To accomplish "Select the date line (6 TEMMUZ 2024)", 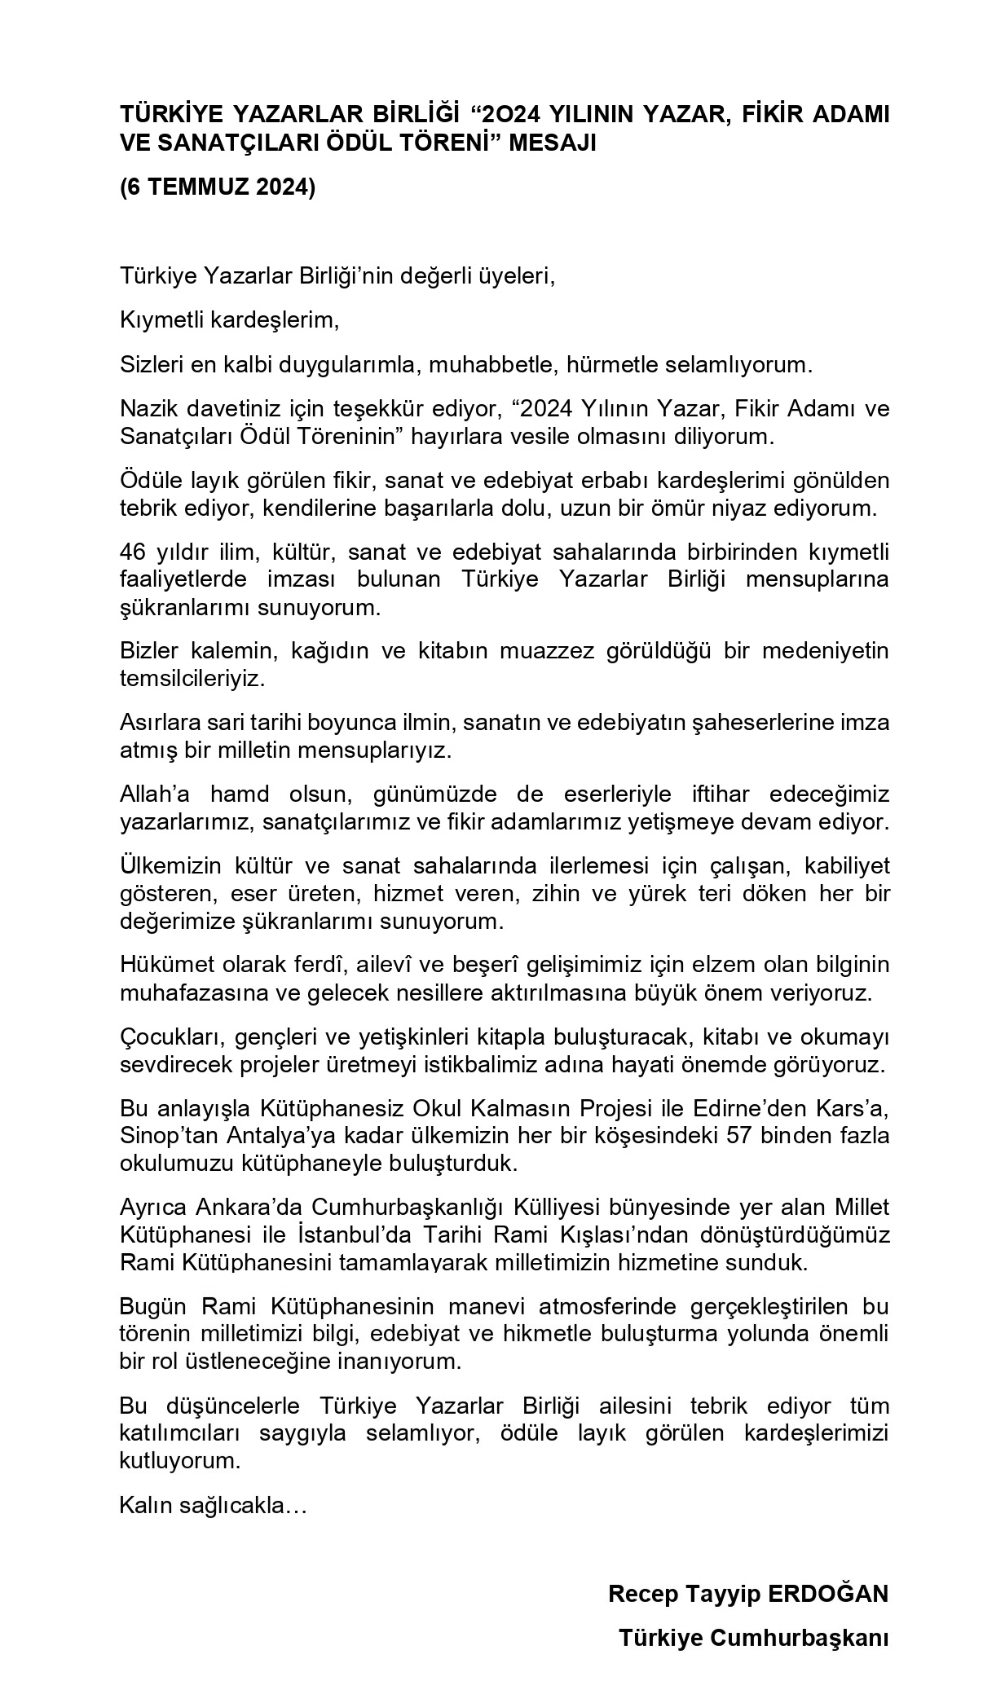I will tap(217, 187).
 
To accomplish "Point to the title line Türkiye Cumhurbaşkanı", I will tap(753, 1637).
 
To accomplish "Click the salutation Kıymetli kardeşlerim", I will tap(229, 320).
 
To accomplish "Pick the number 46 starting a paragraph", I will tap(132, 552).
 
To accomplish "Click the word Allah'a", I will tap(152, 793).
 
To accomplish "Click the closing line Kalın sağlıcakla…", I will tap(213, 1505).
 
